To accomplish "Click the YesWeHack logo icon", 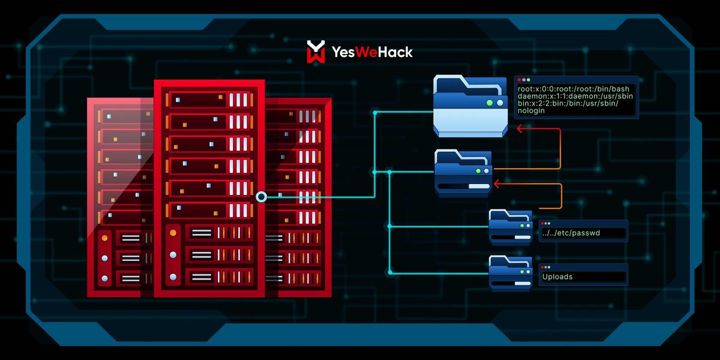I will (316, 52).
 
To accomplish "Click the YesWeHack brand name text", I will (372, 52).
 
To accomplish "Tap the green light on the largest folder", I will (490, 103).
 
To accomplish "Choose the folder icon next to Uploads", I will (511, 273).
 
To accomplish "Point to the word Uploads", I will (557, 277).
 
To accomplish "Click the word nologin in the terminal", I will (532, 111).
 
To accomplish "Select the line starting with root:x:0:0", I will (573, 89).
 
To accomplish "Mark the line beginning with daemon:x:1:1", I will (573, 96).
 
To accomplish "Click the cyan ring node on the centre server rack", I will (261, 196).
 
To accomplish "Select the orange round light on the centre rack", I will (173, 232).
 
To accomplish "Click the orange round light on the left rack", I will (104, 238).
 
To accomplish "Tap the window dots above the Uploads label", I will (545, 267).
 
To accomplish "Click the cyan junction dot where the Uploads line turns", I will (389, 273).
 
